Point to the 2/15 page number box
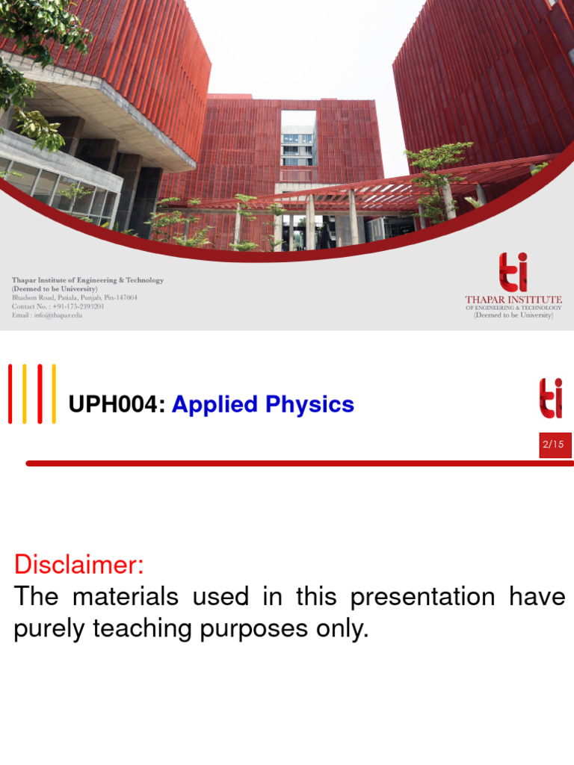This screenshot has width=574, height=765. point(555,445)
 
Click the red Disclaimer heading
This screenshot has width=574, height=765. point(78,565)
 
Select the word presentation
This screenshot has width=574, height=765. point(422,597)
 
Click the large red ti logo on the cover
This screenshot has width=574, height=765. point(513,272)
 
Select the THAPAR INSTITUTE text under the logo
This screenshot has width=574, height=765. point(513,300)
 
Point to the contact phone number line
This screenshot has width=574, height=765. point(58,306)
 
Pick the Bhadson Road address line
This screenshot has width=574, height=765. point(74,297)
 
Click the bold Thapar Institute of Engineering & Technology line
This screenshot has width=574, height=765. point(87,280)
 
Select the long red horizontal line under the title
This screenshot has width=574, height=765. point(299,463)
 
